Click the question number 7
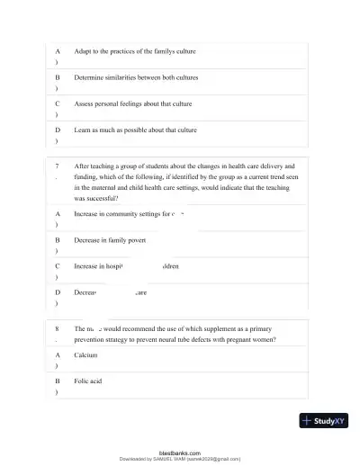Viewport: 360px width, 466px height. click(58, 166)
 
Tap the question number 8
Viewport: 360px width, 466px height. click(58, 329)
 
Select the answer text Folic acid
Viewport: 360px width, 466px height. click(88, 381)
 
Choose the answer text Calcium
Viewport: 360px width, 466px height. click(85, 355)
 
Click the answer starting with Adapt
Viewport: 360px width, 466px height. click(135, 51)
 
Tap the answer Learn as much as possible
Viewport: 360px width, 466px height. click(135, 130)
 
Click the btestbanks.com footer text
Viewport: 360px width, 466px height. click(180, 453)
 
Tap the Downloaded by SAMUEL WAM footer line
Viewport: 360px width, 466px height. click(180, 458)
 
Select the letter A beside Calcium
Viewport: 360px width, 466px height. click(58, 355)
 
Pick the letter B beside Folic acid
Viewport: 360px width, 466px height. click(58, 381)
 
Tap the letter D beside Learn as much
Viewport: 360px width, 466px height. click(58, 130)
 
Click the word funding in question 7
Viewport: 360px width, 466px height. click(88, 177)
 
